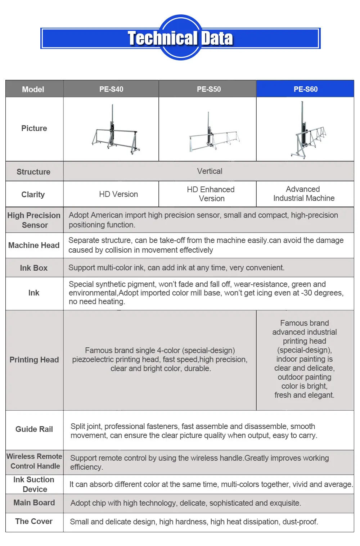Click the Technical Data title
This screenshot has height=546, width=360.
180,38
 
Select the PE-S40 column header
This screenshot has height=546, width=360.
111,89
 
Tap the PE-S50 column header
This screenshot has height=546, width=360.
209,89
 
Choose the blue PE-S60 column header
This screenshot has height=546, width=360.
305,89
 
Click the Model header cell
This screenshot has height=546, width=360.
33,89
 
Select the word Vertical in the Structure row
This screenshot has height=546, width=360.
210,171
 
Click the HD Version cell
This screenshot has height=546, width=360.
118,194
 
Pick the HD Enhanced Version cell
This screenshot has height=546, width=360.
211,194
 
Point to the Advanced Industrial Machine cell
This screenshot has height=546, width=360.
304,194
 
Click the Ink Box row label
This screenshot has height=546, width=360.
34,268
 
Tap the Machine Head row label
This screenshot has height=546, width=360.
34,245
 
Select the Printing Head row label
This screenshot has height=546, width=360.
34,360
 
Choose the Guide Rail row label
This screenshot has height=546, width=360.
34,429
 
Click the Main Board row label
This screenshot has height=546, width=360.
34,502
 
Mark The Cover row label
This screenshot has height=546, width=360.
34,522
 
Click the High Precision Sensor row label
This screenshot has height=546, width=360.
34,220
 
